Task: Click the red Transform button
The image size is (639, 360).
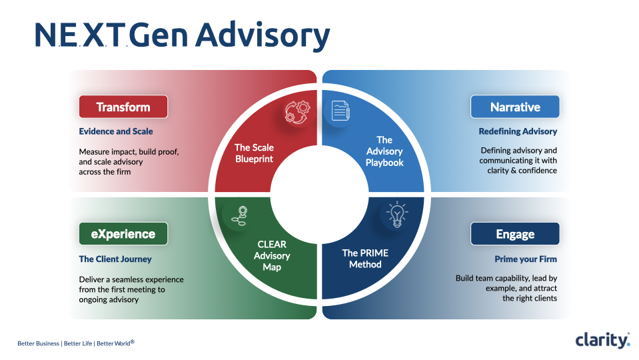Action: (123, 107)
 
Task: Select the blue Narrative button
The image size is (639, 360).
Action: (515, 107)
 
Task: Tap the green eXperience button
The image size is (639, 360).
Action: (123, 234)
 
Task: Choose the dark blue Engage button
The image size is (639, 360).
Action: (515, 234)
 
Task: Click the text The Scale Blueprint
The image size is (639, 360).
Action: (254, 153)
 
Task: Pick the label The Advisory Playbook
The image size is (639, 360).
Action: (384, 151)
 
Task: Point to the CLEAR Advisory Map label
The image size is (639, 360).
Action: (272, 256)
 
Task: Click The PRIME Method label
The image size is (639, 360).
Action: (365, 259)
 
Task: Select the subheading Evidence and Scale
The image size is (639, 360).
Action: (116, 131)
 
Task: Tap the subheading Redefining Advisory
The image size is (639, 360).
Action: (518, 131)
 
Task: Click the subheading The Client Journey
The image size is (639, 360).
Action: (115, 259)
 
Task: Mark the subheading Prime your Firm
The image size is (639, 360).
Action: (526, 259)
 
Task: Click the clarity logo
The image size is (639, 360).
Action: (602, 340)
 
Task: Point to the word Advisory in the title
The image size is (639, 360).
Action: (263, 35)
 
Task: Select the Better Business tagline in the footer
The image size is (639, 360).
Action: (39, 343)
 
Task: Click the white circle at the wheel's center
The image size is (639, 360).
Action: (319, 194)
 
